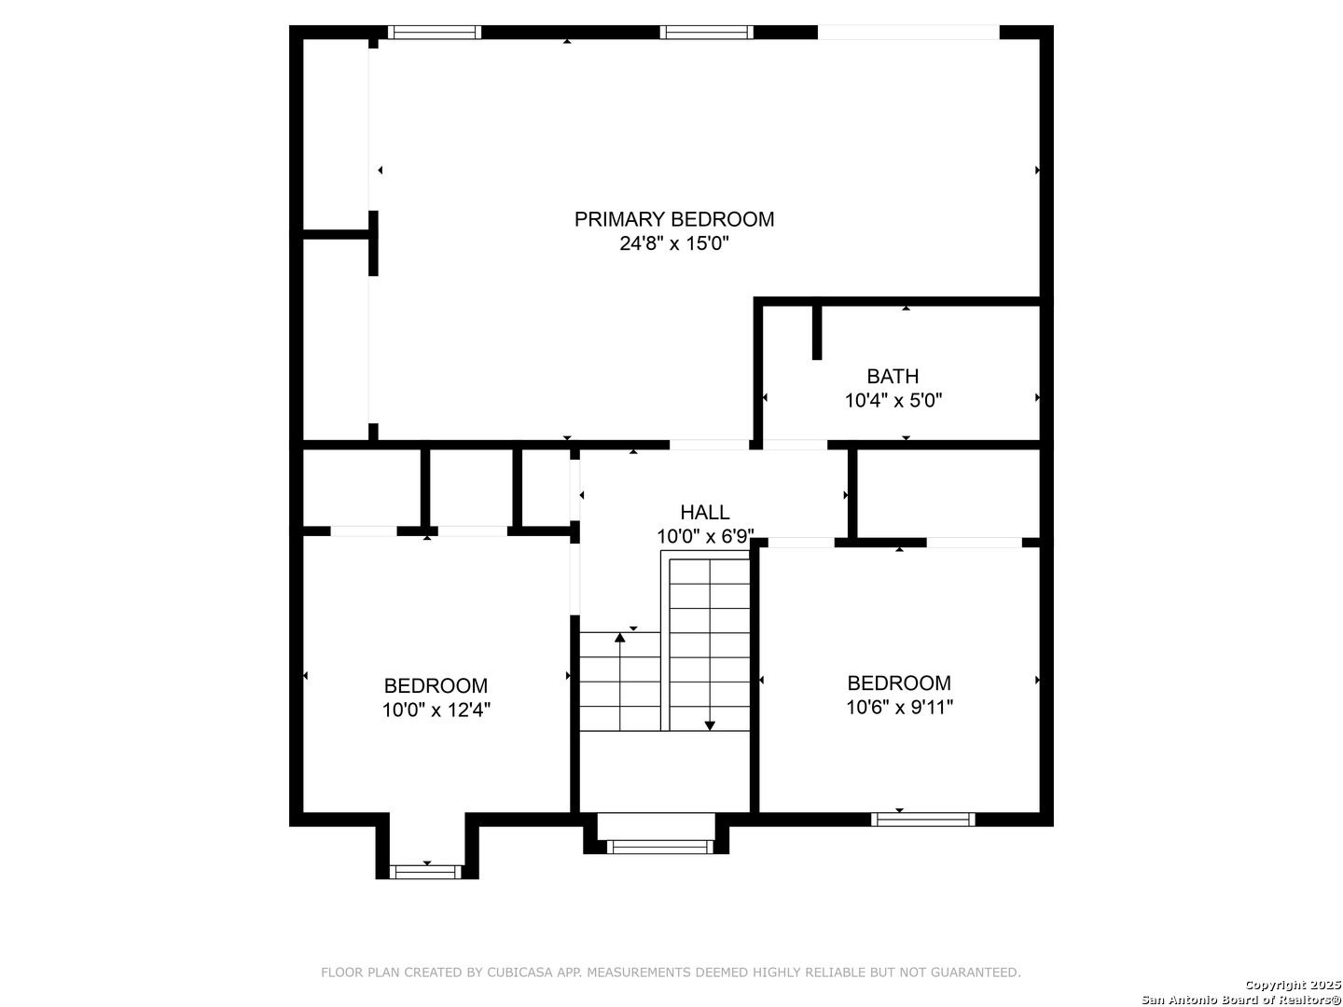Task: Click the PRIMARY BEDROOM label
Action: tap(673, 219)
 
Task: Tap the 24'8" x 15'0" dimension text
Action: tap(674, 243)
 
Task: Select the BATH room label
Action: tap(893, 376)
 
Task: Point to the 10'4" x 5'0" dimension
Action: tap(893, 401)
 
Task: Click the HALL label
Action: tap(705, 512)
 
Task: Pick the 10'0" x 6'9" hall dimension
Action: tap(705, 536)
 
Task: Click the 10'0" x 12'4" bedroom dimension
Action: tap(436, 710)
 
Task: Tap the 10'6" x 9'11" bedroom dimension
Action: tap(899, 708)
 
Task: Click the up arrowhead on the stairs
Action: tap(620, 638)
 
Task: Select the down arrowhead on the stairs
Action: tap(710, 725)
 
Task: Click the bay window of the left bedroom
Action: tap(426, 872)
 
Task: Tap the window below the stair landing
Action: tap(660, 847)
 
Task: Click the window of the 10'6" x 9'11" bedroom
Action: tap(922, 820)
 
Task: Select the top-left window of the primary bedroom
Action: tap(435, 32)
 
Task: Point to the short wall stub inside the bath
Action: tap(817, 332)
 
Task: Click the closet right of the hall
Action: tap(948, 493)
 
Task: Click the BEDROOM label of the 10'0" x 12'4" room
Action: tap(436, 685)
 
